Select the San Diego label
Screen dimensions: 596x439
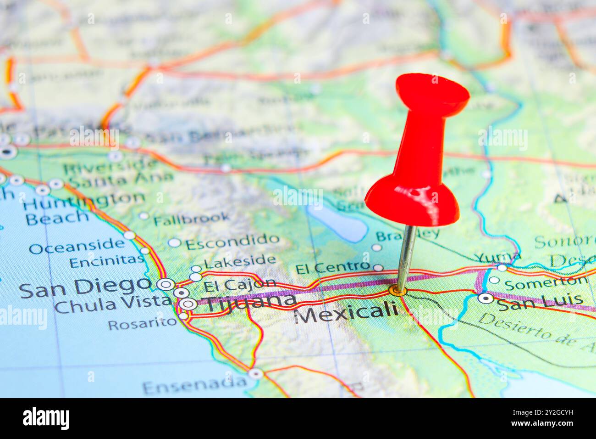85,288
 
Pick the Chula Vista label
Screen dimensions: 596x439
112,304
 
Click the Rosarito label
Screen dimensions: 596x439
142,323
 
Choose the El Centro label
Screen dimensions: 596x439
332,268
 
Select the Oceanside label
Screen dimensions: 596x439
77,247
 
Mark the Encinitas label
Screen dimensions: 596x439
107,261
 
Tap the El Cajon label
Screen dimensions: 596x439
240,285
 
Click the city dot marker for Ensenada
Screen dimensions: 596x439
255,374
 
